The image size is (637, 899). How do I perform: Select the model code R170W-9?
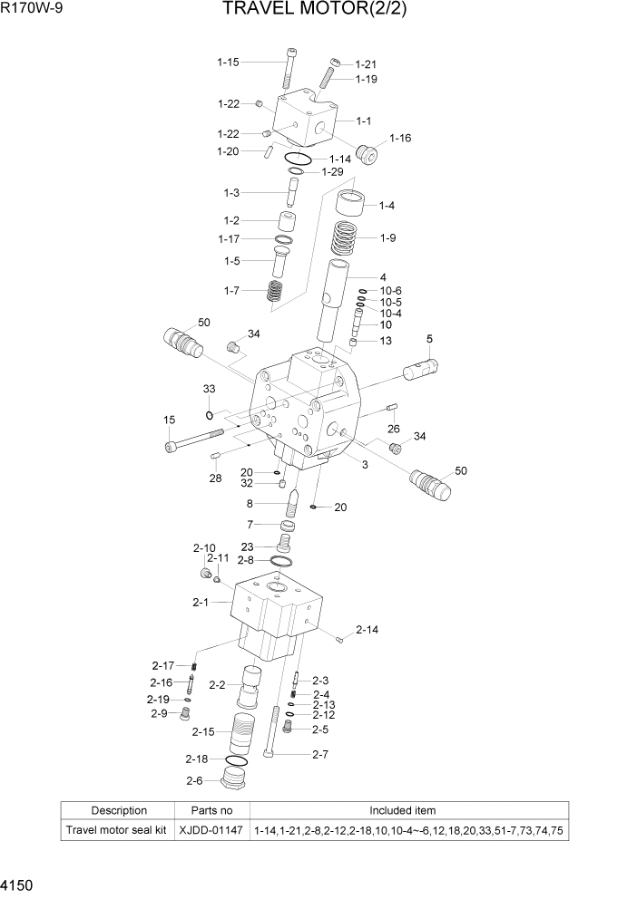tap(33, 10)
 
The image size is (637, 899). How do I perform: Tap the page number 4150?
tap(19, 883)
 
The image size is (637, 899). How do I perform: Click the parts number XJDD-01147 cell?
tap(211, 830)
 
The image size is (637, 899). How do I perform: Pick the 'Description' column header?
tap(119, 810)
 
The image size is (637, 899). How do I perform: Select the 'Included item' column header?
tap(408, 810)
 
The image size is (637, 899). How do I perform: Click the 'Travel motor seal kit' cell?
tap(119, 830)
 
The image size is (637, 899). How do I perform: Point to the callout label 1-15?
tap(228, 63)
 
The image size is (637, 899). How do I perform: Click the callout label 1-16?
tap(400, 138)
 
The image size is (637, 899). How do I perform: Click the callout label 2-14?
tap(367, 630)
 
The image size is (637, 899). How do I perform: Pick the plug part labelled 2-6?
tap(235, 780)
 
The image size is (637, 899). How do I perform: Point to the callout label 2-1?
tap(201, 602)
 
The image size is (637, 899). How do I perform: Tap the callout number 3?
tap(364, 465)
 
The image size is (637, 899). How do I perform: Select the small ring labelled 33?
tap(210, 415)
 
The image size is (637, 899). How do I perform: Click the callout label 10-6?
tap(391, 290)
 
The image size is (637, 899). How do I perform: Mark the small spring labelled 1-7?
tap(273, 292)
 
